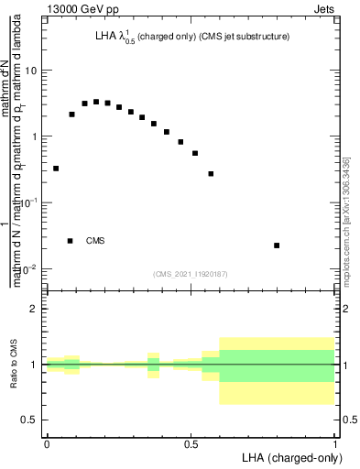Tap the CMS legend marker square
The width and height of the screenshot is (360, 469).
[x=71, y=241]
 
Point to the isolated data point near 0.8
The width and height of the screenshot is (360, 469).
[x=277, y=245]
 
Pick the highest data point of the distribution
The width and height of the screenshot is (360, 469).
[x=96, y=102]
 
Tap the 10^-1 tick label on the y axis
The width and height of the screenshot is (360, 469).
[x=28, y=202]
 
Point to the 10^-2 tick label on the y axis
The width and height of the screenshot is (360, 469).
[x=28, y=267]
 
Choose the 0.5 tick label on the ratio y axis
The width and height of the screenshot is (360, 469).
[x=29, y=420]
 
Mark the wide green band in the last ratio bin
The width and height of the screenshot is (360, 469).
[x=277, y=365]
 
